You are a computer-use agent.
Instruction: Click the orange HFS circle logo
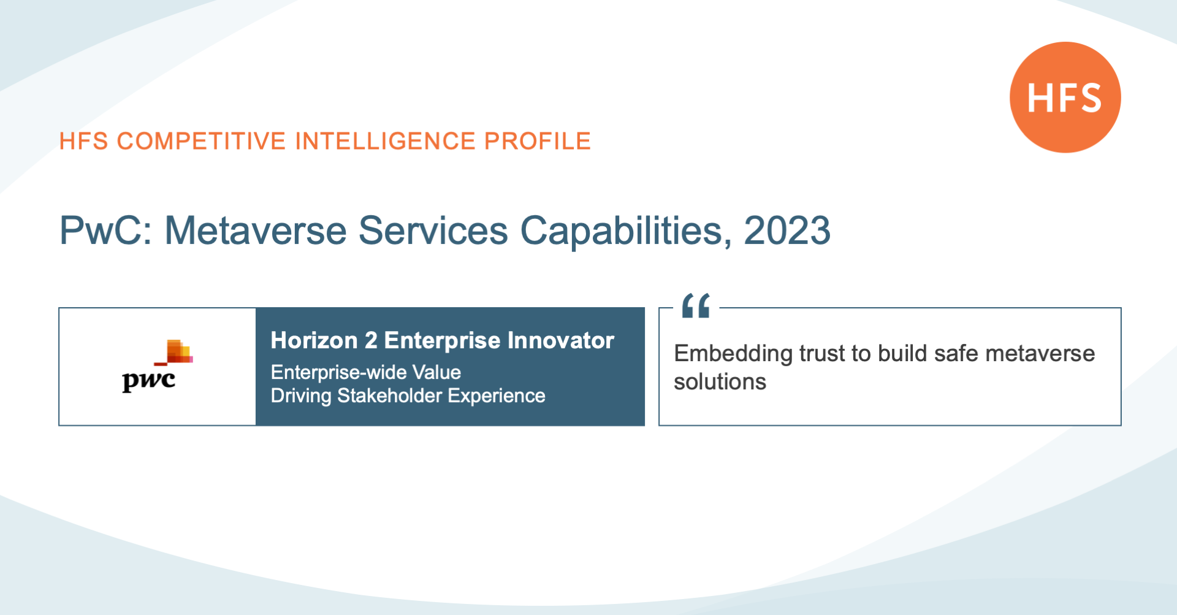click(1065, 97)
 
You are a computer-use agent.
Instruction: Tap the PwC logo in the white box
click(158, 366)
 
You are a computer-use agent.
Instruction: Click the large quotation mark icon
click(696, 305)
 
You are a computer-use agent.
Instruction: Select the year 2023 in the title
click(787, 231)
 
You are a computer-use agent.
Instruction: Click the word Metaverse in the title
click(256, 231)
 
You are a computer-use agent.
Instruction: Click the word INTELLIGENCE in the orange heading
click(385, 141)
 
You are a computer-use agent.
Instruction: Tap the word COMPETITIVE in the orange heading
click(201, 141)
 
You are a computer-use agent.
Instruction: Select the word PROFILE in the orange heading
click(538, 141)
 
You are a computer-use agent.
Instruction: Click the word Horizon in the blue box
click(314, 340)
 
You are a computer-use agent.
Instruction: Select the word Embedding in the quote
click(733, 354)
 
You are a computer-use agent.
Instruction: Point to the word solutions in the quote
click(720, 382)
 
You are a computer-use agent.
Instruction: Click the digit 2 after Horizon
click(371, 340)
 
